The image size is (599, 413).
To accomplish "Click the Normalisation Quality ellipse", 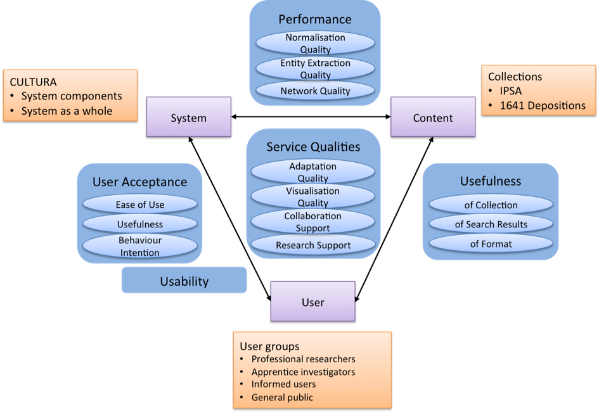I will [315, 43].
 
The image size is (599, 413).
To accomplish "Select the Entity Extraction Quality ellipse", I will [315, 68].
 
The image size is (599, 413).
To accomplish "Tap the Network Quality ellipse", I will [315, 91].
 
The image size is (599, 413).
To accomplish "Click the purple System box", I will [188, 117].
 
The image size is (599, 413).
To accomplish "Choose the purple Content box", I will [433, 117].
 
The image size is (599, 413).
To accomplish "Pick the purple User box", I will [313, 302].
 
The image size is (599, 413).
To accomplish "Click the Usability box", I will [184, 281].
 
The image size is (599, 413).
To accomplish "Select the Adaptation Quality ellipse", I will [313, 172].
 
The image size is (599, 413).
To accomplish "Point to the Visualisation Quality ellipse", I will [313, 196].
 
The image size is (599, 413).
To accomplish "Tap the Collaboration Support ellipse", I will [313, 222].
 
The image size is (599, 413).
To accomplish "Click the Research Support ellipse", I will [313, 245].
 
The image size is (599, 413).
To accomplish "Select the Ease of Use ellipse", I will [140, 205].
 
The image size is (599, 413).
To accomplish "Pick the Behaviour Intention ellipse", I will [140, 246].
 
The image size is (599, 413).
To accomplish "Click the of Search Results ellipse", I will [491, 224].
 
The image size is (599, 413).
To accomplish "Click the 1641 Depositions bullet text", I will [543, 106].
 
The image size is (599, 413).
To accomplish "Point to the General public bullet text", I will [282, 398].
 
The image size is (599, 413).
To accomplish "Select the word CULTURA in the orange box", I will [33, 82].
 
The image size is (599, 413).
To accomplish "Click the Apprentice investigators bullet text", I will [303, 372].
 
